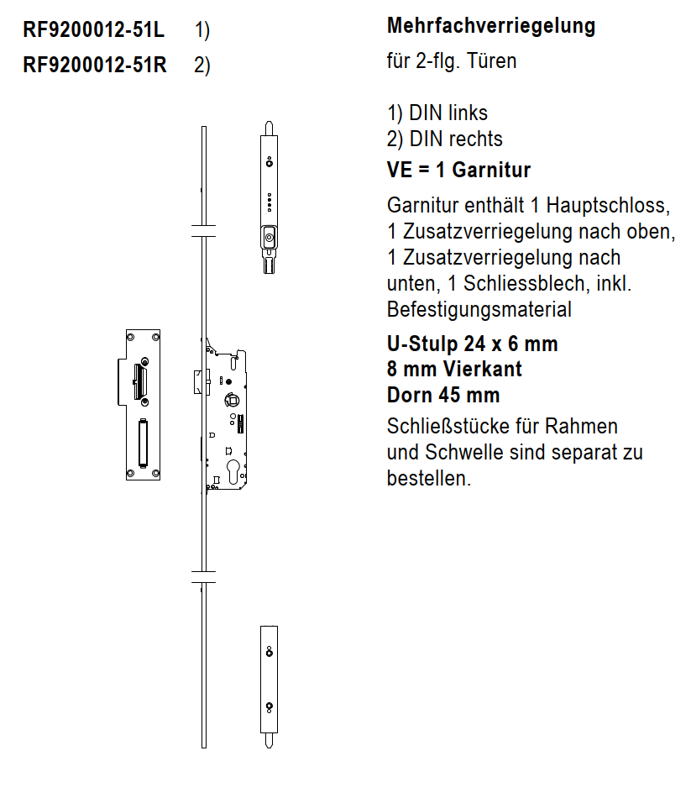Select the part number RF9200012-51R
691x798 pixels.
pos(95,65)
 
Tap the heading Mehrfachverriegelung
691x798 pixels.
pos(490,26)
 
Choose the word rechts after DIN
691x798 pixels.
pos(475,139)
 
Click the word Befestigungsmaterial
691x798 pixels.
pos(479,309)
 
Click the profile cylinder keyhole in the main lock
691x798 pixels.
pos(232,467)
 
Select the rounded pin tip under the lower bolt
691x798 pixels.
pos(268,741)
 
